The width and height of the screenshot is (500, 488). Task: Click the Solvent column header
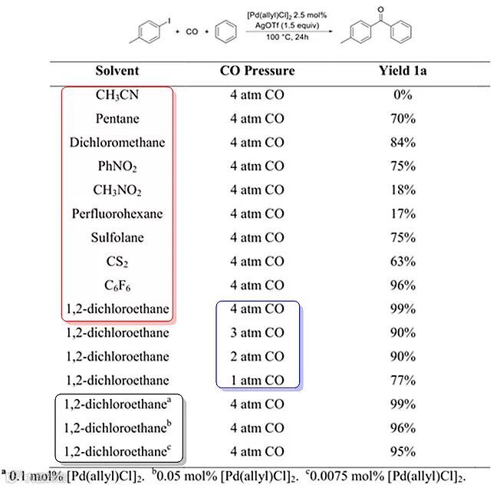coord(117,71)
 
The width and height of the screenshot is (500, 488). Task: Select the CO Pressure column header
coord(257,71)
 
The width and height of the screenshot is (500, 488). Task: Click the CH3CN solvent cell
coord(117,95)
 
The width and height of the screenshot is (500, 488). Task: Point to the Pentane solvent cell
coord(117,119)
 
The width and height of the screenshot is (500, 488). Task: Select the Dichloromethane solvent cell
coord(117,143)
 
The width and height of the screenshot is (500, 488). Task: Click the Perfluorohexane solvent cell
coord(117,214)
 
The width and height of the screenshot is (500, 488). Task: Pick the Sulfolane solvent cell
coord(117,238)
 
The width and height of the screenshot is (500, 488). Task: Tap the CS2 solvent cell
coord(117,262)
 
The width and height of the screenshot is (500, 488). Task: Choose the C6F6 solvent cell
coord(117,285)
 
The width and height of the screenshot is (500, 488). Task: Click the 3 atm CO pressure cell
coord(257,333)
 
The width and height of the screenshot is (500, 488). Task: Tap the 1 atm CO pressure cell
coord(257,381)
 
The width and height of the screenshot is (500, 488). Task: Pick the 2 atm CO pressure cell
coord(257,357)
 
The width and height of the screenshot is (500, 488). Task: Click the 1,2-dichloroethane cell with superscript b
coord(117,427)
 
